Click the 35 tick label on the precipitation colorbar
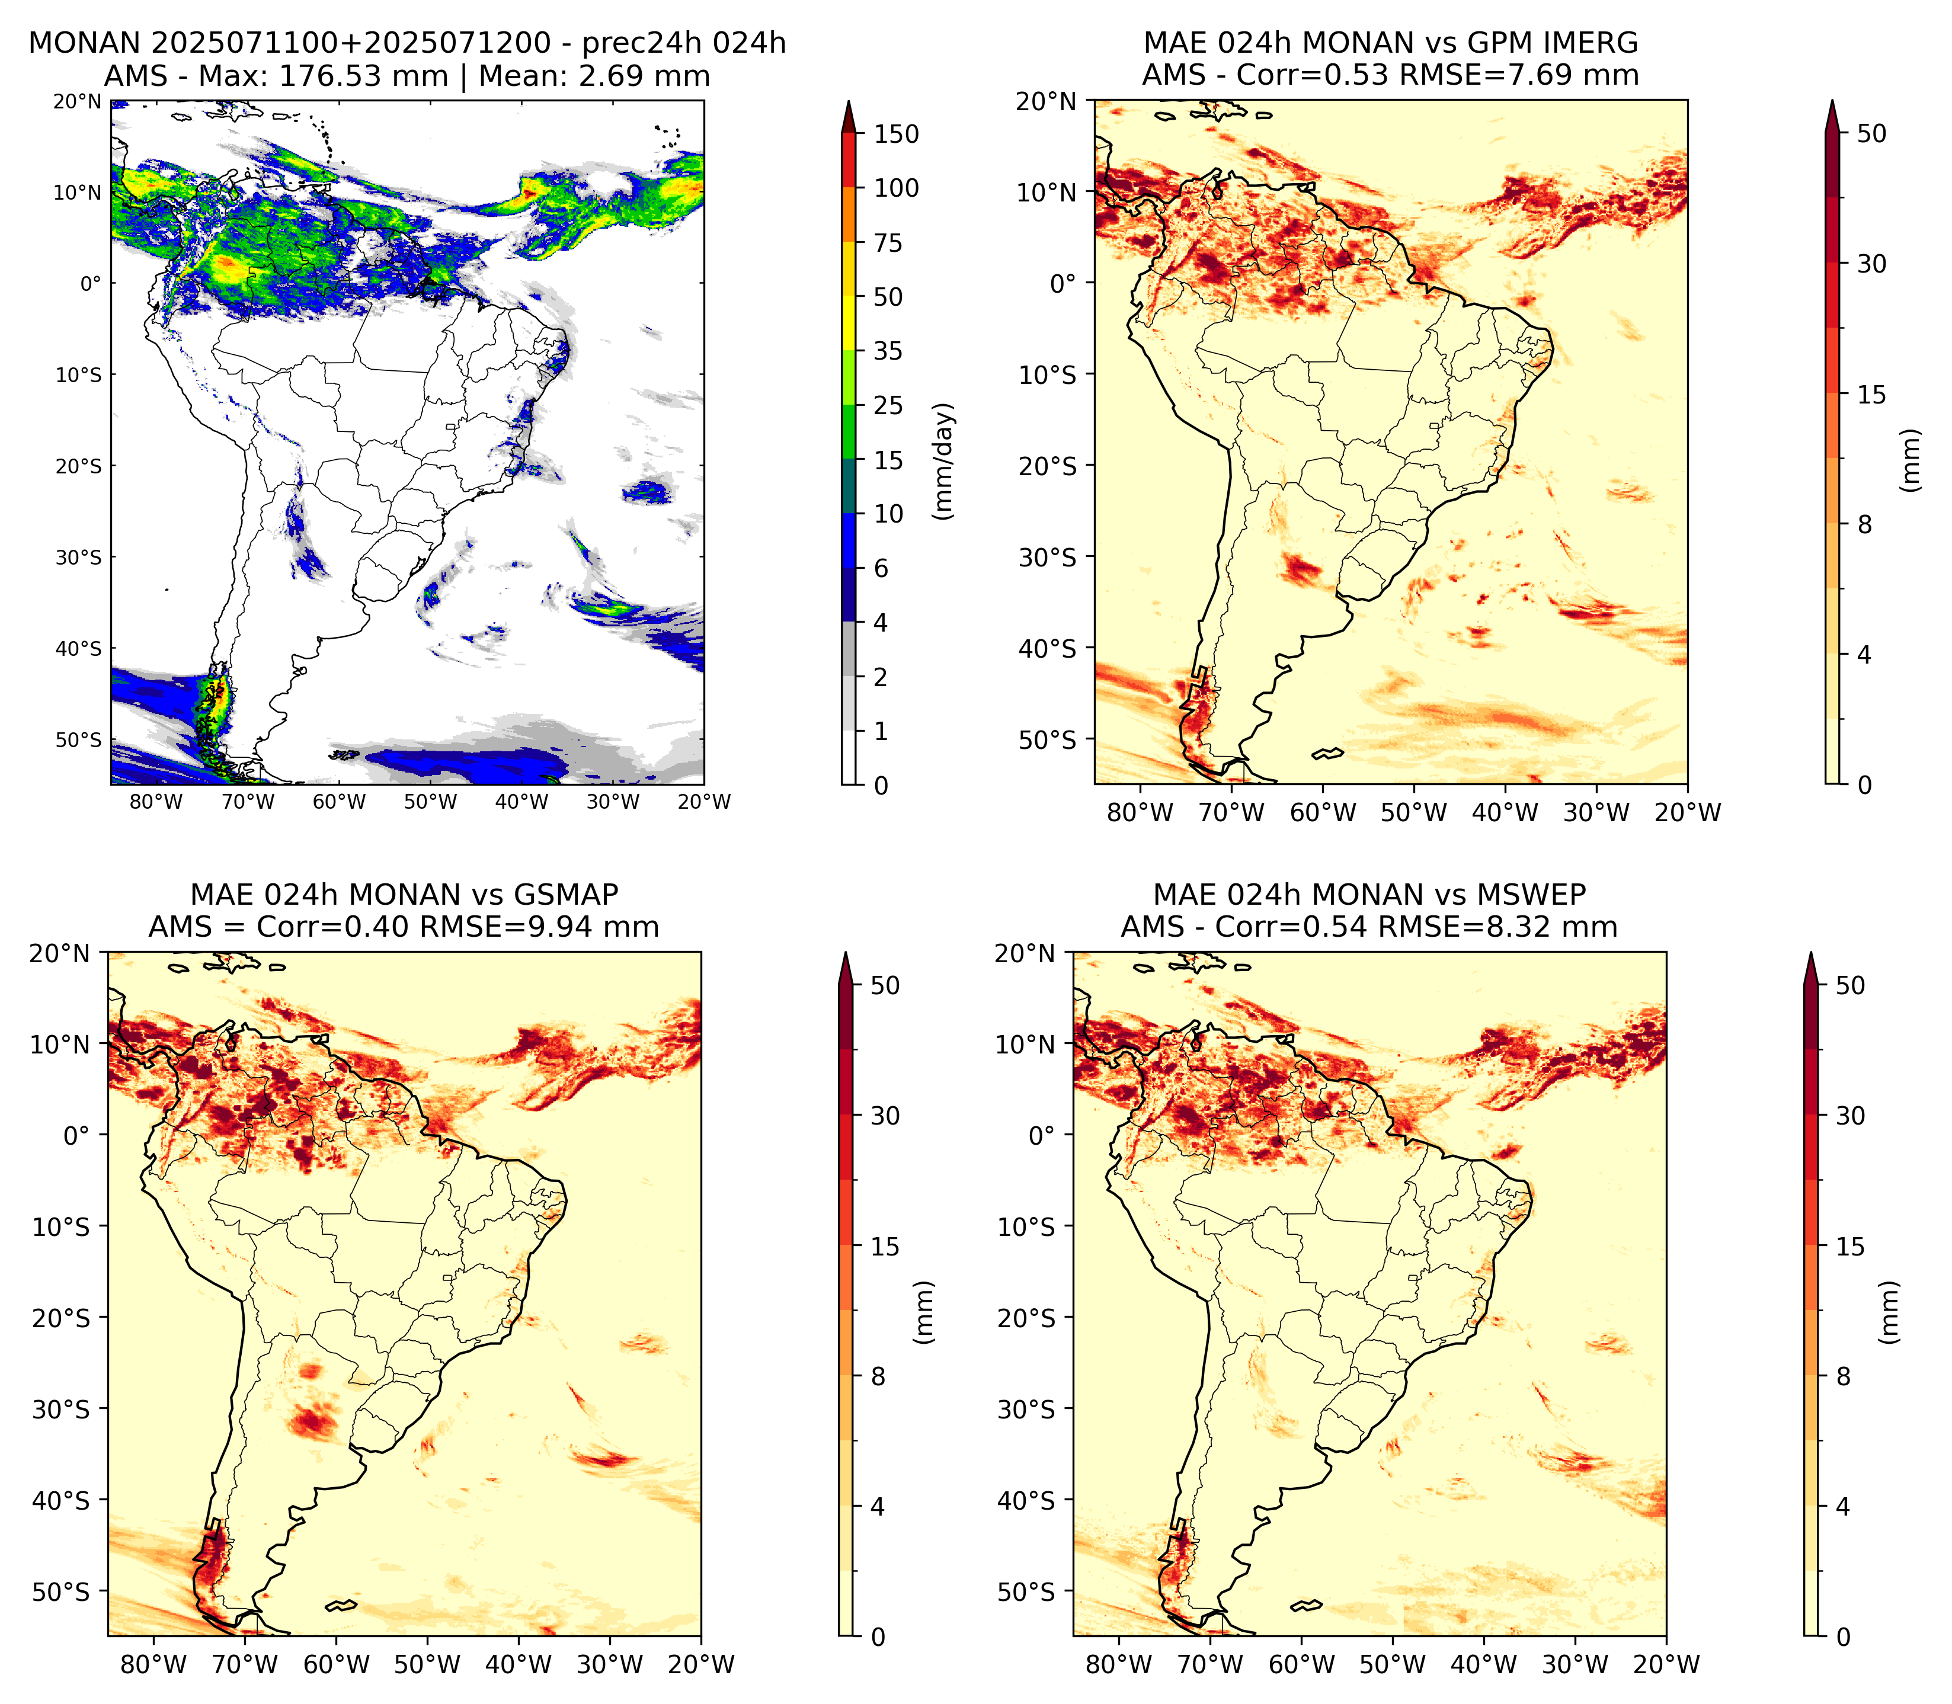coord(888,351)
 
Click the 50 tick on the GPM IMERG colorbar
coord(1871,133)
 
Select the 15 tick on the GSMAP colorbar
coord(885,1247)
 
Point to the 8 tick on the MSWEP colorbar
coord(1844,1377)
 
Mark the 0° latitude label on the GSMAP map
coord(76,1135)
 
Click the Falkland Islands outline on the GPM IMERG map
coord(1327,754)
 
